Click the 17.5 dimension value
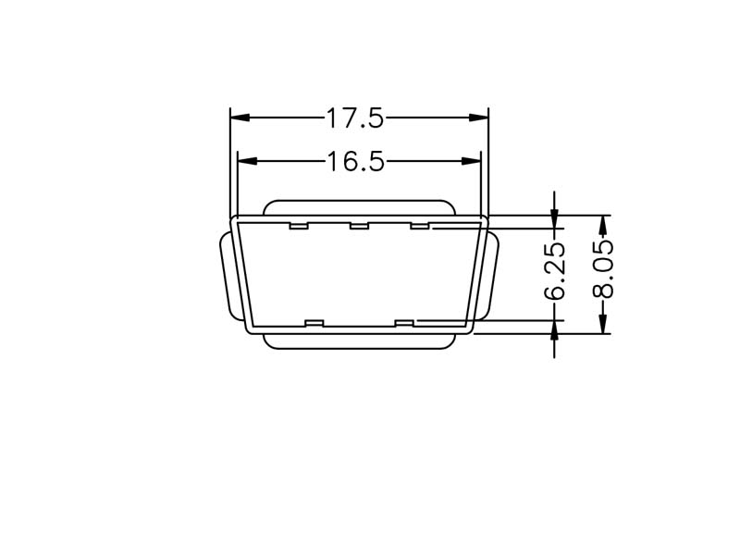click(x=355, y=118)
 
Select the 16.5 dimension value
click(x=355, y=161)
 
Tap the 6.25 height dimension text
click(x=554, y=271)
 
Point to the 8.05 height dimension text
click(x=603, y=269)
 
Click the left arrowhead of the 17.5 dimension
click(x=240, y=118)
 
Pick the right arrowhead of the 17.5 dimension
click(x=479, y=118)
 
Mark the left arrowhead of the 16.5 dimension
click(x=247, y=161)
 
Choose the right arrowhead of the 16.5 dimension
click(x=472, y=161)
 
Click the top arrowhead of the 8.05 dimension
click(x=602, y=225)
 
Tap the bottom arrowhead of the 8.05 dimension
click(x=602, y=324)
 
